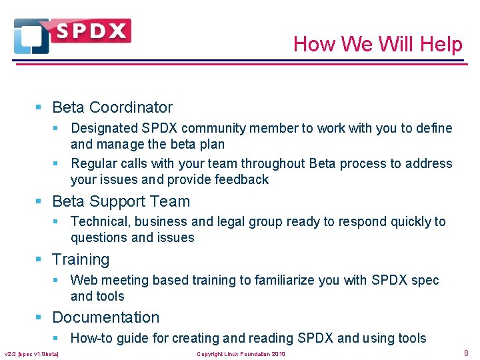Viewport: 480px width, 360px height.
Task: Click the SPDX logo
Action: [x=72, y=35]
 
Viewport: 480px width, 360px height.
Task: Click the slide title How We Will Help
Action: [x=377, y=44]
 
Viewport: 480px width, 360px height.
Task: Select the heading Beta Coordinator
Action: [x=112, y=107]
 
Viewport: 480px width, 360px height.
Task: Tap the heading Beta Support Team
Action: [x=121, y=201]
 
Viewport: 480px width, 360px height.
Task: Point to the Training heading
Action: [x=81, y=259]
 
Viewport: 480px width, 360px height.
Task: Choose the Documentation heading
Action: [x=105, y=317]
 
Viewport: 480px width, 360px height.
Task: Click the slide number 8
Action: [x=466, y=353]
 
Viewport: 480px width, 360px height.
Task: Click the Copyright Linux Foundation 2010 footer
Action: [x=241, y=353]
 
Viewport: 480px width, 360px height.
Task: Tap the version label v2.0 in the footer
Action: [x=11, y=353]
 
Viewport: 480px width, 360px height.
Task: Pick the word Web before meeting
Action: [x=83, y=280]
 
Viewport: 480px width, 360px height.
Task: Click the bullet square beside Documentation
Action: [x=40, y=318]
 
